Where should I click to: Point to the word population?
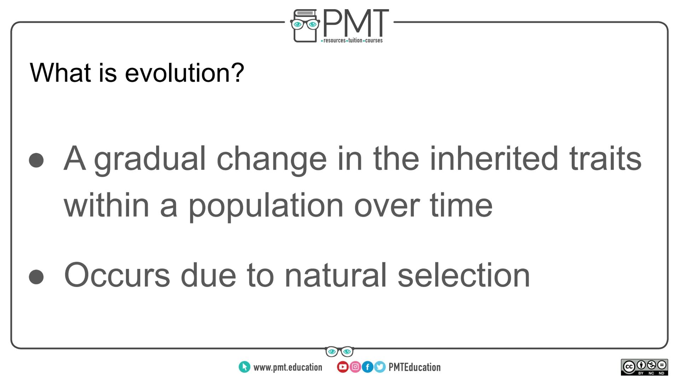(266, 206)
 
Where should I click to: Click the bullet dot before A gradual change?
(36, 160)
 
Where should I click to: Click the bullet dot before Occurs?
(36, 277)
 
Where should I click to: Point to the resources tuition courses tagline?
(352, 41)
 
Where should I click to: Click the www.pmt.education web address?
(288, 367)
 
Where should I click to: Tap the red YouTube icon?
(342, 367)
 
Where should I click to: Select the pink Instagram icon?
(355, 367)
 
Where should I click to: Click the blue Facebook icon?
(367, 367)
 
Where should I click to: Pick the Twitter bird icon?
(380, 367)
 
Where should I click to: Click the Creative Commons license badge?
(644, 367)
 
